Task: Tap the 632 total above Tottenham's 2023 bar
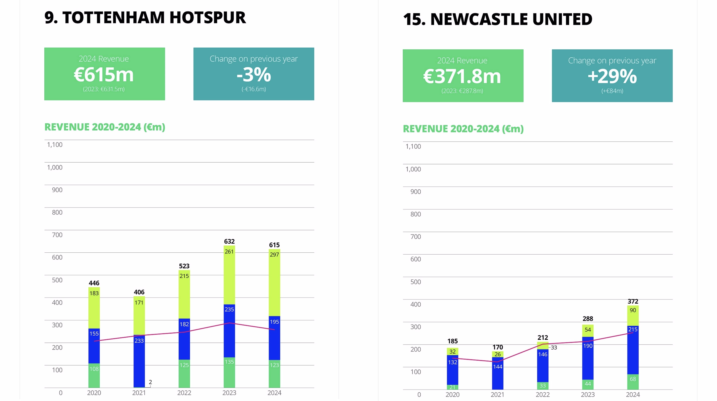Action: [229, 241]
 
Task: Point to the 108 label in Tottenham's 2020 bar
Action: [94, 369]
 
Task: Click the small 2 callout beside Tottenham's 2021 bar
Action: [150, 382]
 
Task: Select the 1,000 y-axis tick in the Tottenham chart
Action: [55, 167]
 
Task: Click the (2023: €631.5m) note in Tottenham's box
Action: [104, 89]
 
